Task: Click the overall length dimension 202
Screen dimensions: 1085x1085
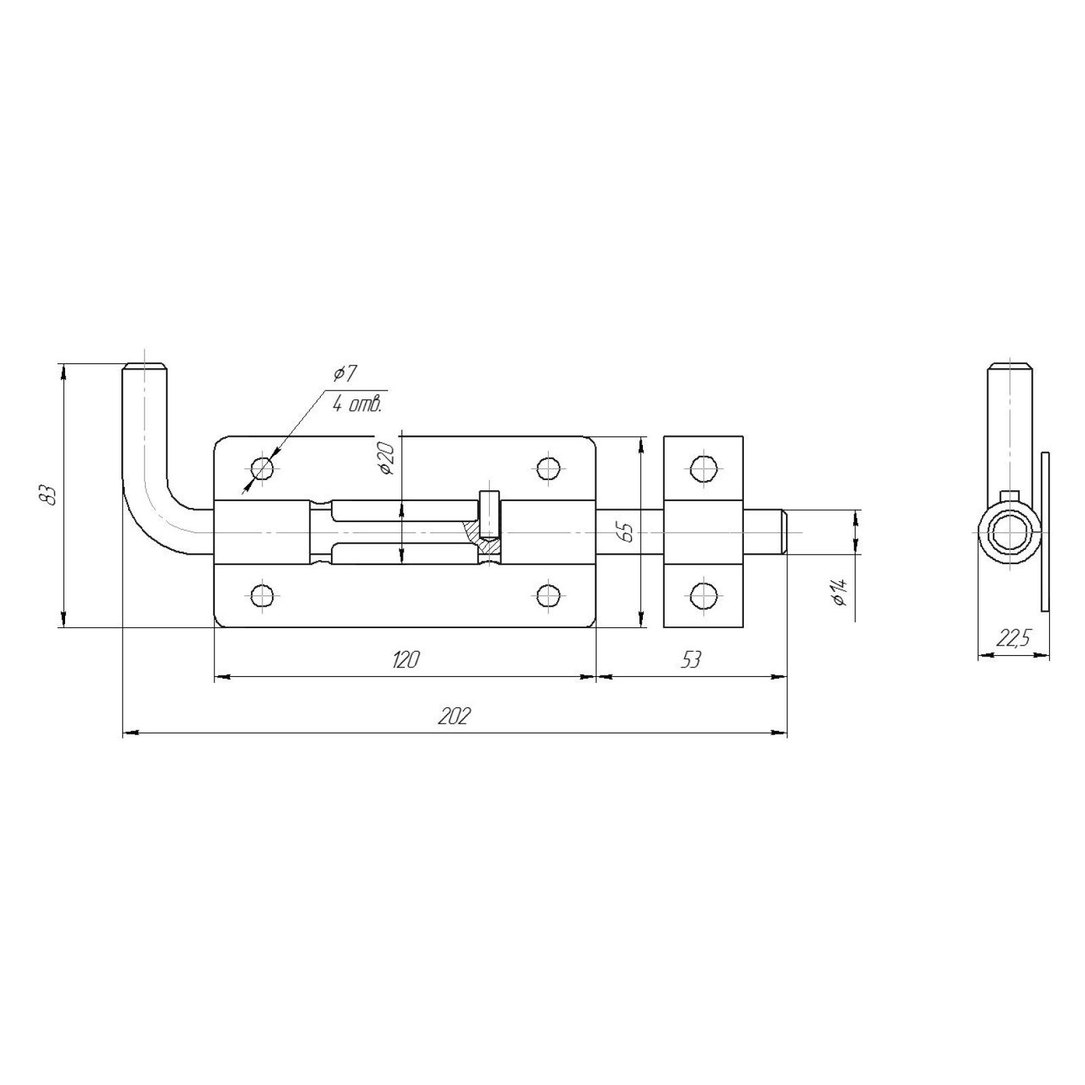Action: tap(454, 716)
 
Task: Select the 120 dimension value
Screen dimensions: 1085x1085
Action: tap(405, 659)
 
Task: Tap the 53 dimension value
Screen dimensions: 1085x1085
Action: tap(690, 659)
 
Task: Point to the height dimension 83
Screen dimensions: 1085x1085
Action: tap(47, 496)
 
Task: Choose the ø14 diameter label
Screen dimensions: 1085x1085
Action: tap(840, 592)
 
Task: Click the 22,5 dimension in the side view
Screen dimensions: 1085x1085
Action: tap(1013, 638)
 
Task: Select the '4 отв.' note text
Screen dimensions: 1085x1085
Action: tap(357, 405)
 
